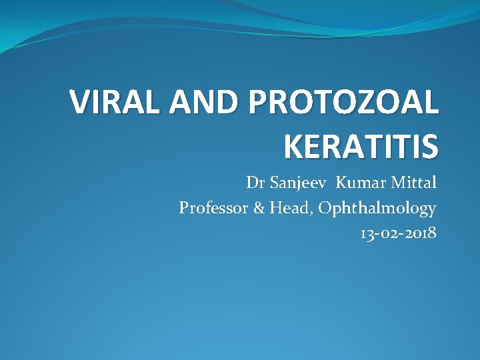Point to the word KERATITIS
point(361,146)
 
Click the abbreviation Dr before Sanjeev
point(254,183)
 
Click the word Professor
point(213,208)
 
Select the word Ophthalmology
point(377,209)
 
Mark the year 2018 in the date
point(420,233)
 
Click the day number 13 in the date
point(367,233)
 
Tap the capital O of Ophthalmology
point(326,208)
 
